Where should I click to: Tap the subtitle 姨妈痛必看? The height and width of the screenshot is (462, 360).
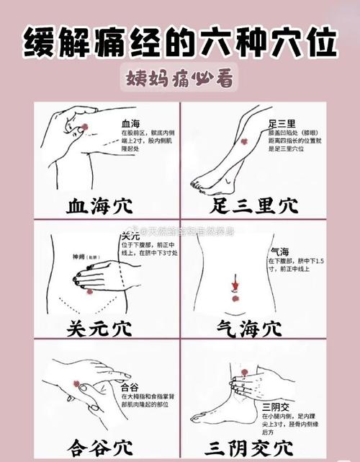[x=179, y=79]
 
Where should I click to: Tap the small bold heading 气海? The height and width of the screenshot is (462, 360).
[x=280, y=252]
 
